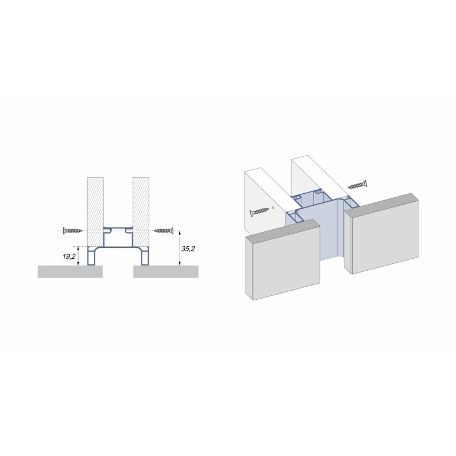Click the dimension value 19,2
click(x=69, y=256)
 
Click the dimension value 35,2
click(x=188, y=249)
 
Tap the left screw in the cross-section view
click(x=73, y=231)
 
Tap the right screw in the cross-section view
click(x=164, y=231)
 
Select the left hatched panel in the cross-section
click(x=95, y=211)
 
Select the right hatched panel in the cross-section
click(x=141, y=211)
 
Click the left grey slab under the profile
click(x=70, y=272)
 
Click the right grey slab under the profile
click(x=166, y=272)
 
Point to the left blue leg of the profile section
click(x=92, y=256)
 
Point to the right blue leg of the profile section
click(x=145, y=256)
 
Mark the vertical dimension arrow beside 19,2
click(x=78, y=256)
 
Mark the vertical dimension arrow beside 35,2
click(x=180, y=248)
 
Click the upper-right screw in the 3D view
click(x=357, y=185)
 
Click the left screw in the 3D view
click(x=259, y=211)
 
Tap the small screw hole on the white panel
click(x=272, y=208)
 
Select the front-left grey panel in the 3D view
click(x=283, y=259)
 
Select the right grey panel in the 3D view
click(x=381, y=234)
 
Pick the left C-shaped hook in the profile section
click(x=108, y=231)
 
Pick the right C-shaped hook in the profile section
click(x=129, y=231)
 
